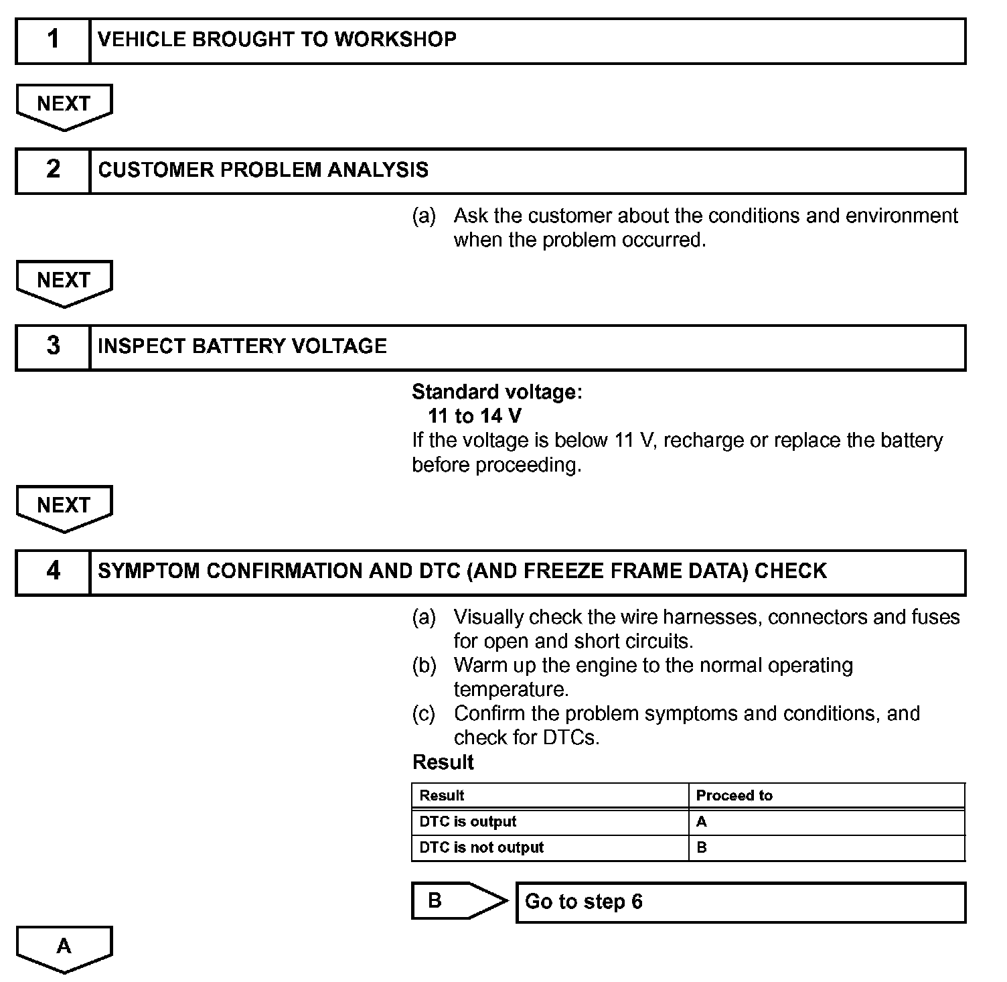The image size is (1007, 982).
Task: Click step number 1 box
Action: (53, 41)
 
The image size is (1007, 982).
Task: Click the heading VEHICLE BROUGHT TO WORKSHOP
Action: (277, 40)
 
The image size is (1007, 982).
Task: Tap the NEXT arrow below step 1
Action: (64, 105)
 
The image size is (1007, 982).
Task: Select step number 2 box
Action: (53, 171)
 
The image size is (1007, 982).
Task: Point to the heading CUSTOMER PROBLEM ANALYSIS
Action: (263, 170)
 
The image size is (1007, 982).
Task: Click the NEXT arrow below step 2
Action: (64, 281)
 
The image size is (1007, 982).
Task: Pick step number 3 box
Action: (53, 347)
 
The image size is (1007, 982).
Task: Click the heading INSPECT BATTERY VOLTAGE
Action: (242, 346)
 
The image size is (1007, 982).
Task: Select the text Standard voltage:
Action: (497, 392)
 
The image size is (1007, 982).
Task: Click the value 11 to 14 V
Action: (474, 416)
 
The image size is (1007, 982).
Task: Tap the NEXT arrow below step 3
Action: (64, 506)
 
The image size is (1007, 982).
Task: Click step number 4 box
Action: (53, 572)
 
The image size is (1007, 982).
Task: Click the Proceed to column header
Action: (734, 795)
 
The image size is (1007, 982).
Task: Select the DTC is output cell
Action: (468, 821)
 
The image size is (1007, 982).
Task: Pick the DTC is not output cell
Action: (481, 847)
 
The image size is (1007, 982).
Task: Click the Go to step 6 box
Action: (741, 902)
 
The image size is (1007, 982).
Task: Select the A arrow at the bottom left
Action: (64, 947)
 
